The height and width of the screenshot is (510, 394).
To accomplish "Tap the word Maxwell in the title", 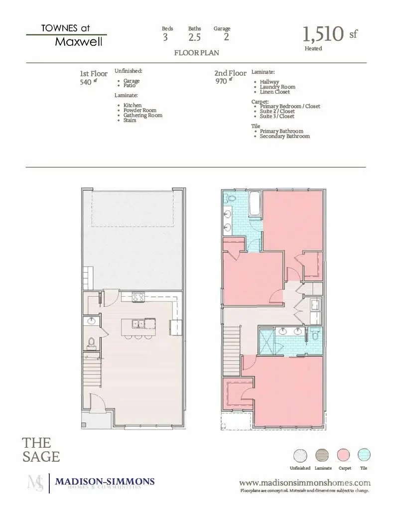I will pyautogui.click(x=79, y=42).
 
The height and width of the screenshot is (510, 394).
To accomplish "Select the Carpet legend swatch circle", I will pyautogui.click(x=344, y=455).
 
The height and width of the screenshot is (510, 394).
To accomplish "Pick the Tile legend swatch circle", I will pyautogui.click(x=364, y=455).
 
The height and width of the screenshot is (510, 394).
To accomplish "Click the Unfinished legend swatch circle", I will pyautogui.click(x=300, y=455).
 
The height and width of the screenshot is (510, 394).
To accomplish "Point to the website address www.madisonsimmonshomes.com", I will pyautogui.click(x=305, y=483).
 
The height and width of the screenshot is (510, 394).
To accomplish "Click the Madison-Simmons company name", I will pyautogui.click(x=105, y=482).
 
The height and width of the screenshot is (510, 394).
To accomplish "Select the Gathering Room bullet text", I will pyautogui.click(x=143, y=115).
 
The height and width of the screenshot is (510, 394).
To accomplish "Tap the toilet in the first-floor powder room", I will pyautogui.click(x=91, y=342).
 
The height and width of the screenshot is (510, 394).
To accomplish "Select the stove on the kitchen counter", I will pyautogui.click(x=139, y=297).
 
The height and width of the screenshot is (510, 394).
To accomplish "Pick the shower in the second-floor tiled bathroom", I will pyautogui.click(x=266, y=342).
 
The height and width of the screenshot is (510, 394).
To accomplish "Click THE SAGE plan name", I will pyautogui.click(x=41, y=449).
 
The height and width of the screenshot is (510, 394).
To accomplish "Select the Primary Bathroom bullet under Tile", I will pyautogui.click(x=281, y=131).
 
